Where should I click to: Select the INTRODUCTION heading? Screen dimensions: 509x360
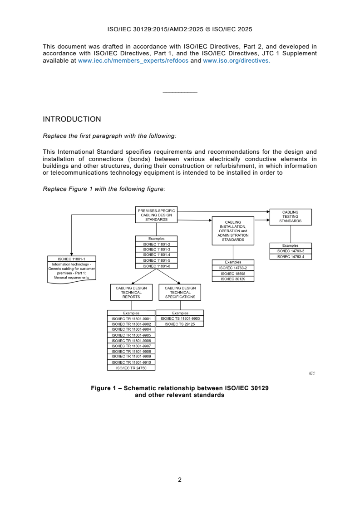coord(72,119)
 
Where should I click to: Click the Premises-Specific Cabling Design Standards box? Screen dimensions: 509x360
coord(156,215)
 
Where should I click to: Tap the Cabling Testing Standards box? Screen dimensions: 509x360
coord(290,216)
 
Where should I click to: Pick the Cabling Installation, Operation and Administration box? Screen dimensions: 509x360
coord(233,231)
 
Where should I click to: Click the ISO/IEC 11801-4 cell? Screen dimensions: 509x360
coord(156,255)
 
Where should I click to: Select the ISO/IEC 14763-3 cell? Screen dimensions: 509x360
coord(290,251)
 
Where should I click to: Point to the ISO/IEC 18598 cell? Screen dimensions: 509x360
coord(233,274)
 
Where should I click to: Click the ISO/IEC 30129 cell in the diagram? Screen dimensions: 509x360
coord(233,279)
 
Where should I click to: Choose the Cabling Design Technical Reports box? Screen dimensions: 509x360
coord(131,292)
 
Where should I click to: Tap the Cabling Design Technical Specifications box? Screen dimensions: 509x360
coord(180,292)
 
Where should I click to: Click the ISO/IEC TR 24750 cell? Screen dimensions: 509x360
coord(131,368)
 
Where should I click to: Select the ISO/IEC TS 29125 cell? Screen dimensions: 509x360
coord(180,324)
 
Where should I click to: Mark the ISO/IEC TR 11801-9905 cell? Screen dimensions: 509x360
coord(131,335)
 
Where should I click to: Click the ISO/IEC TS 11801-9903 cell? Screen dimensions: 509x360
coord(180,319)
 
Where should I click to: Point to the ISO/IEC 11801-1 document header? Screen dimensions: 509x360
coord(71,259)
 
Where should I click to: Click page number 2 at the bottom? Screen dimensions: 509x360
coord(180,480)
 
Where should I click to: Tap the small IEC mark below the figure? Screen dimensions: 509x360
coord(312,373)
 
